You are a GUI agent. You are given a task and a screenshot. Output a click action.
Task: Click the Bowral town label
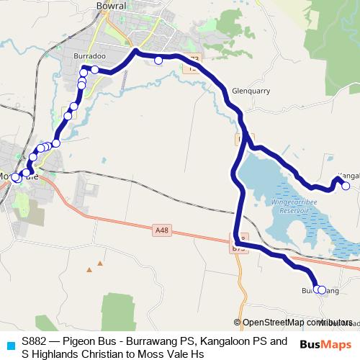pos(111,5)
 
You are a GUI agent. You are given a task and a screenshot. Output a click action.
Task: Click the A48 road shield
pos(162,230)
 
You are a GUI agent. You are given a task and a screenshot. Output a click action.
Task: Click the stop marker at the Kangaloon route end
pos(346,186)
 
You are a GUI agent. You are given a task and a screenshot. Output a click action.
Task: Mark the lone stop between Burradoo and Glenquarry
pos(158,60)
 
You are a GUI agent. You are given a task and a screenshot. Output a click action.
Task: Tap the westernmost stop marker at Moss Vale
pos(15,177)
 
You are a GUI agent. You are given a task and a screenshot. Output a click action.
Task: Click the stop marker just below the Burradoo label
pos(94,69)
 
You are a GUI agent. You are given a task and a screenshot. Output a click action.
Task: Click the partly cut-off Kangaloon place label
pos(348,174)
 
